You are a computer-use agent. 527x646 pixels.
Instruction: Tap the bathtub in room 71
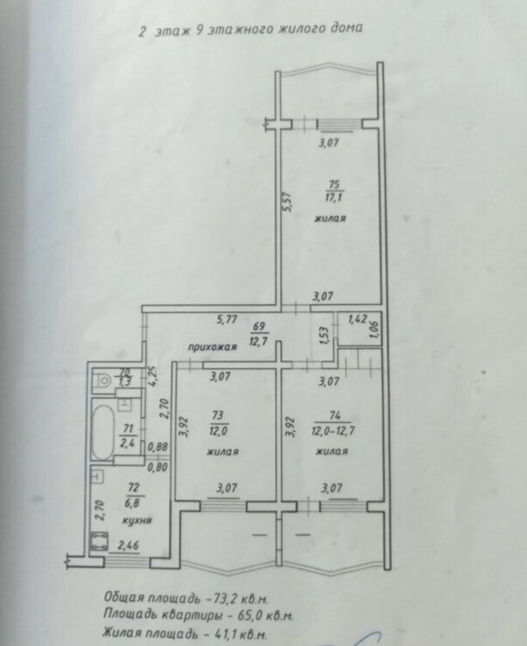tap(102, 432)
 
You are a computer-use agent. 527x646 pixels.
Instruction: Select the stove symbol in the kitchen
tap(99, 541)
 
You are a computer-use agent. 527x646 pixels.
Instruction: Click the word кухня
tap(137, 520)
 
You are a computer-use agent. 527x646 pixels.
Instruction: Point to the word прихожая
tap(213, 347)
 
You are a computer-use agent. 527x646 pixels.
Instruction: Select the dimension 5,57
tap(287, 202)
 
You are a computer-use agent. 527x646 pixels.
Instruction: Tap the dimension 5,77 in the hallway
tap(227, 319)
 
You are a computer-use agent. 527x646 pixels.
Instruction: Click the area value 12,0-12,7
tap(333, 432)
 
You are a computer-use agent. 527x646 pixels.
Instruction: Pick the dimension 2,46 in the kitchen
tap(128, 546)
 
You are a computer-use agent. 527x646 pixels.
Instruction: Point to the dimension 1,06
tap(375, 329)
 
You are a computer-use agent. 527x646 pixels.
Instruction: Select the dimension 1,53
tap(324, 336)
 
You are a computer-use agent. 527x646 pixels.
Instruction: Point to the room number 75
tap(334, 184)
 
